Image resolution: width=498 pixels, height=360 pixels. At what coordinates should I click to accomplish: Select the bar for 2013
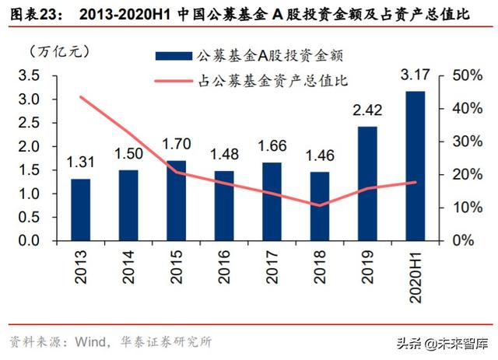click(x=80, y=209)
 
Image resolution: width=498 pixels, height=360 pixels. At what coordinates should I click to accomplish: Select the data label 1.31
click(x=80, y=163)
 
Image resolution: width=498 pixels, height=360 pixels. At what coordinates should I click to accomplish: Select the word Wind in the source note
click(x=91, y=341)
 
